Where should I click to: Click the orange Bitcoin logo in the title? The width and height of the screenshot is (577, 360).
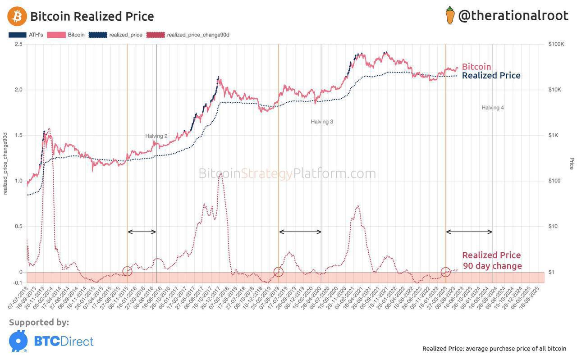coord(17,16)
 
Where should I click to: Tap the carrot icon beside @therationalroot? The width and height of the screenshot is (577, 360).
coord(450,15)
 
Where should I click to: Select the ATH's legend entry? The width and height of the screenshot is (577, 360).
coord(26,35)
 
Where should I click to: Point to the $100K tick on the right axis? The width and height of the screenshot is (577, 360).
coord(557,44)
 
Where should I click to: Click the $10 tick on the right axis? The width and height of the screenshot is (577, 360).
coord(554,226)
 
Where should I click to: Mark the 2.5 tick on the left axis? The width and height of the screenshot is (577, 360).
coord(18,44)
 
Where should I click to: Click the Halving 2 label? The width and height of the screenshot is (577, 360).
coord(156,136)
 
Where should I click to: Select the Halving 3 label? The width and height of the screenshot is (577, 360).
coord(321,122)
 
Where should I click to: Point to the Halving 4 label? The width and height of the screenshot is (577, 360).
coord(492,108)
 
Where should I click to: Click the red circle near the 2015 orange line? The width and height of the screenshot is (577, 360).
coord(128,271)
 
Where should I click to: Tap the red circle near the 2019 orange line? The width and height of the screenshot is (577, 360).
coord(279,271)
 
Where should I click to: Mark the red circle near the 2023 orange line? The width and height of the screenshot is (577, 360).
coord(445,272)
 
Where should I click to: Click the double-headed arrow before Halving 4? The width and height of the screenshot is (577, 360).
coord(469,232)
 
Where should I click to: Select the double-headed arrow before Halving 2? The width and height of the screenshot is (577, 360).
coord(142,232)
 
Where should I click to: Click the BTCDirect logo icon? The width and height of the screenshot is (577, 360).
coord(18,341)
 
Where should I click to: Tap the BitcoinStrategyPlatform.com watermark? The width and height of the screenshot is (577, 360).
coord(287,173)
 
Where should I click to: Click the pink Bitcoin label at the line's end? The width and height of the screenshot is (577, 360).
coord(476,67)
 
